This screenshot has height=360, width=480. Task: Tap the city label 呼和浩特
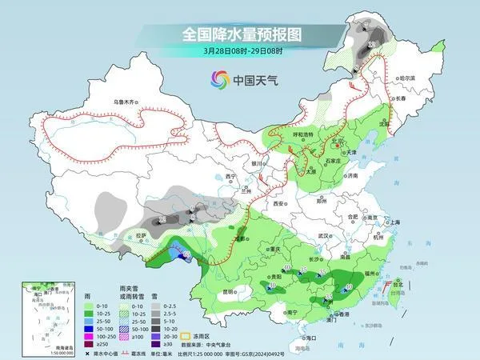pyautogui.click(x=307, y=134)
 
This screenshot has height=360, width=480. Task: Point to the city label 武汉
pyautogui.click(x=324, y=236)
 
